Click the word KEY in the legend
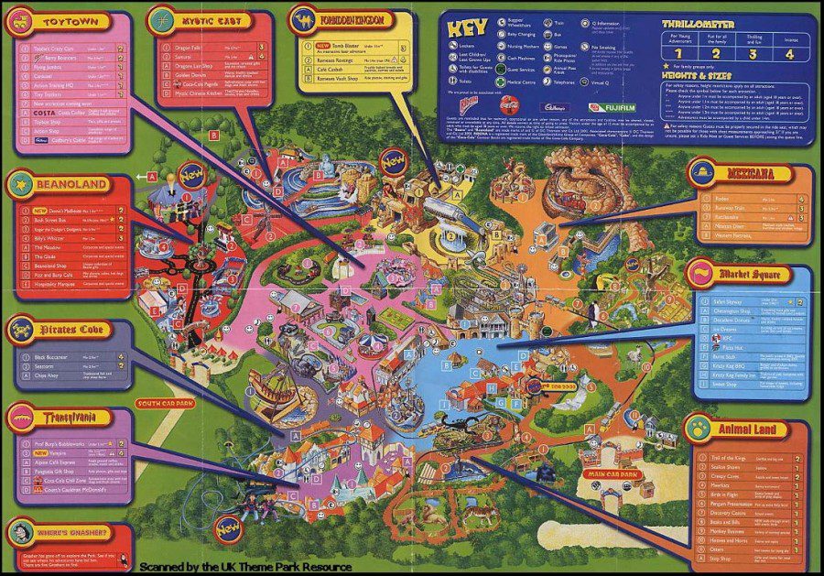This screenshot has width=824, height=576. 471,27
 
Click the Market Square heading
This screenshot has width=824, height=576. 756,274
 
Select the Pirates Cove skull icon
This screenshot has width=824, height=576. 20,328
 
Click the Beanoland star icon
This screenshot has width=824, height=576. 20,183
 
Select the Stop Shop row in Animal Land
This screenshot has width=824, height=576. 723,558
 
